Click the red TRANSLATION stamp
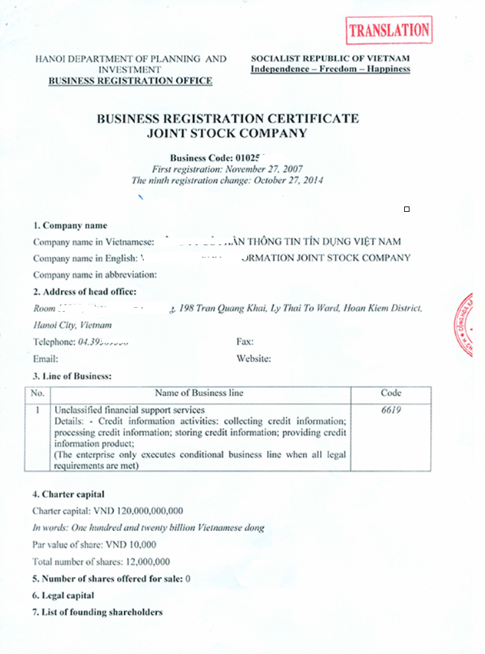[389, 30]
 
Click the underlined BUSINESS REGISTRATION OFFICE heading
[131, 81]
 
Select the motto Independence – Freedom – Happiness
[330, 69]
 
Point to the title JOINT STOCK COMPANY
[228, 133]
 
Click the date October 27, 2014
[286, 180]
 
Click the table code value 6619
[391, 410]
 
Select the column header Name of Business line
[199, 393]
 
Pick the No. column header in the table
[38, 393]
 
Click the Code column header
[391, 393]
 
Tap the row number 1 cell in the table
[38, 410]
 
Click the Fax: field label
[245, 342]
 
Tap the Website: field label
[254, 359]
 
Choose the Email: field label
[46, 359]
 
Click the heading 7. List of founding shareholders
[97, 612]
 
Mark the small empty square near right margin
[407, 209]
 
